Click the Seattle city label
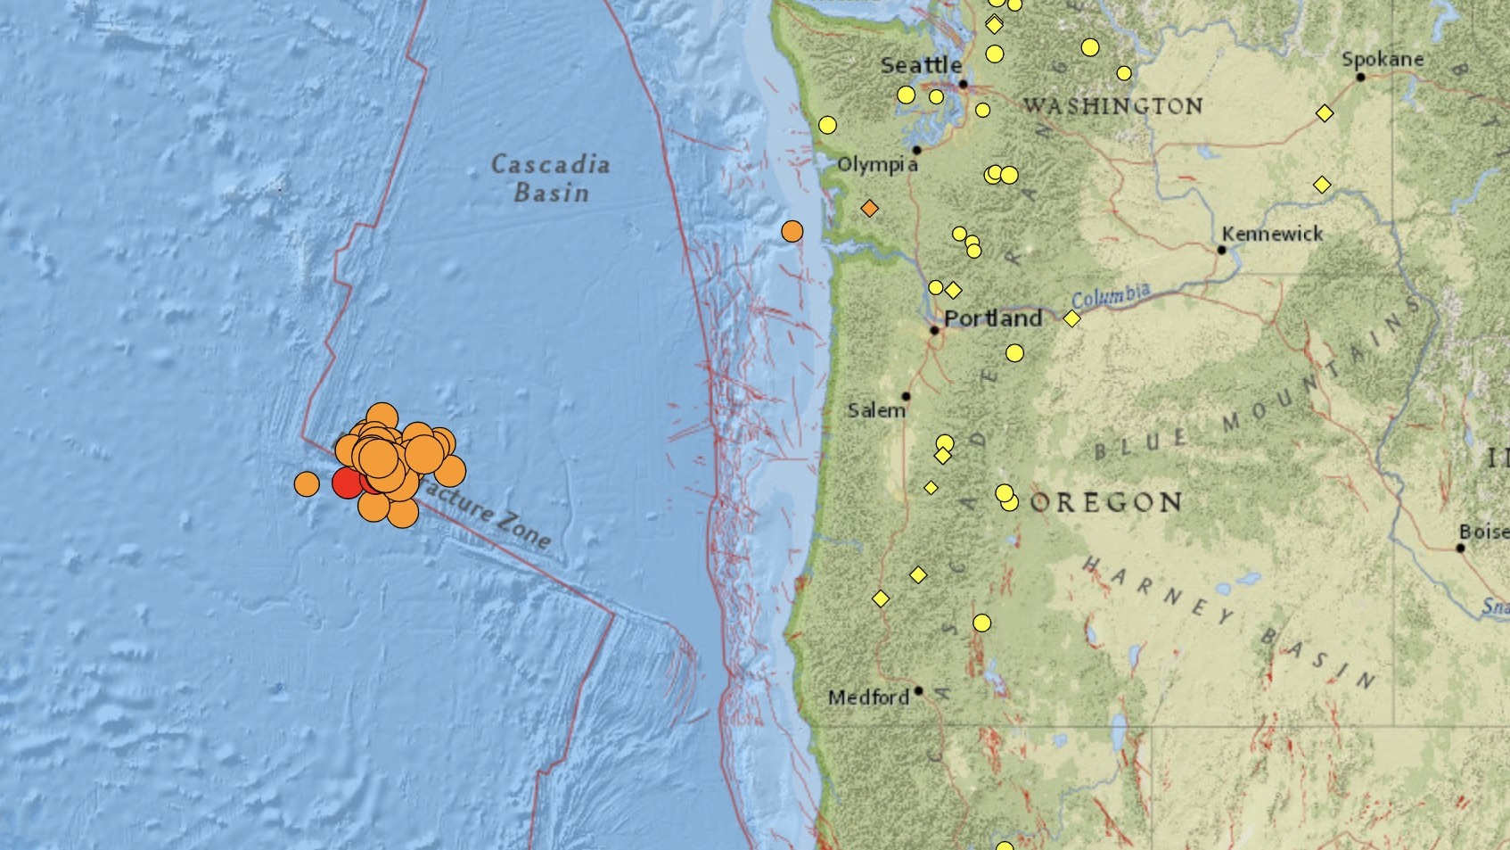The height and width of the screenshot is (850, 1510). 921,65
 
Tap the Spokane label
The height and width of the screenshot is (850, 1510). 1382,60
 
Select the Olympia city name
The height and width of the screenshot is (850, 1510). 877,165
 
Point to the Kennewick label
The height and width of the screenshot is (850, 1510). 1272,234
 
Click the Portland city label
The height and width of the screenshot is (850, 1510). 993,318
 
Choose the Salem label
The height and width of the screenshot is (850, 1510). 875,410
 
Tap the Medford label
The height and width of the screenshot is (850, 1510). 868,697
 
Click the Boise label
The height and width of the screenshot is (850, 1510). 1483,532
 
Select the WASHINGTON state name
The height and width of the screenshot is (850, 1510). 1112,106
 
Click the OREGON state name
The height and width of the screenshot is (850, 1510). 1106,503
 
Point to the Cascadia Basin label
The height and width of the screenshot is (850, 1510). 551,178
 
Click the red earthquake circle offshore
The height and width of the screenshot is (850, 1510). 346,483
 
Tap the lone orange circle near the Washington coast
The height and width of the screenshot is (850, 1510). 792,232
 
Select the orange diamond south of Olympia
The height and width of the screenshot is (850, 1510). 869,209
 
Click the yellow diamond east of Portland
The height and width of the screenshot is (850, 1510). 1071,318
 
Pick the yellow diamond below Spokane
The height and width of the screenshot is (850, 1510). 1325,113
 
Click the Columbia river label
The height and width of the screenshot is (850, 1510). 1111,296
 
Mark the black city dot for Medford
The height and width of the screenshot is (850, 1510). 918,690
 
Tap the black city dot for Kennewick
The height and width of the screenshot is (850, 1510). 1222,250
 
